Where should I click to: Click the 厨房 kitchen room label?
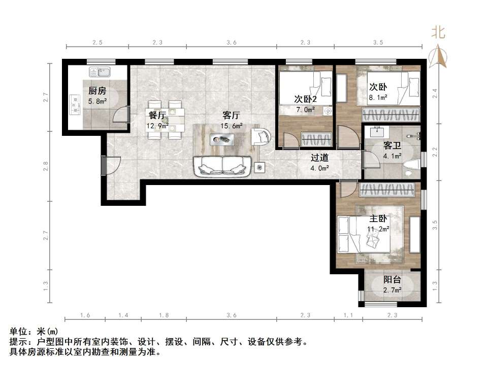pos(97,91)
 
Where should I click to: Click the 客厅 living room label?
pos(231,115)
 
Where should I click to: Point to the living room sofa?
pos(222,166)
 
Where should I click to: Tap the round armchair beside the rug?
pos(262,136)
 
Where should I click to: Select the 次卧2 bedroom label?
pos(306,98)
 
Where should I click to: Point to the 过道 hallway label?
pos(320,157)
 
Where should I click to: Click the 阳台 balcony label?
pos(392,279)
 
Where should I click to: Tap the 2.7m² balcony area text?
pos(392,290)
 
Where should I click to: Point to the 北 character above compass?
pos(438,33)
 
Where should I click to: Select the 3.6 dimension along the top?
pos(232,43)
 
